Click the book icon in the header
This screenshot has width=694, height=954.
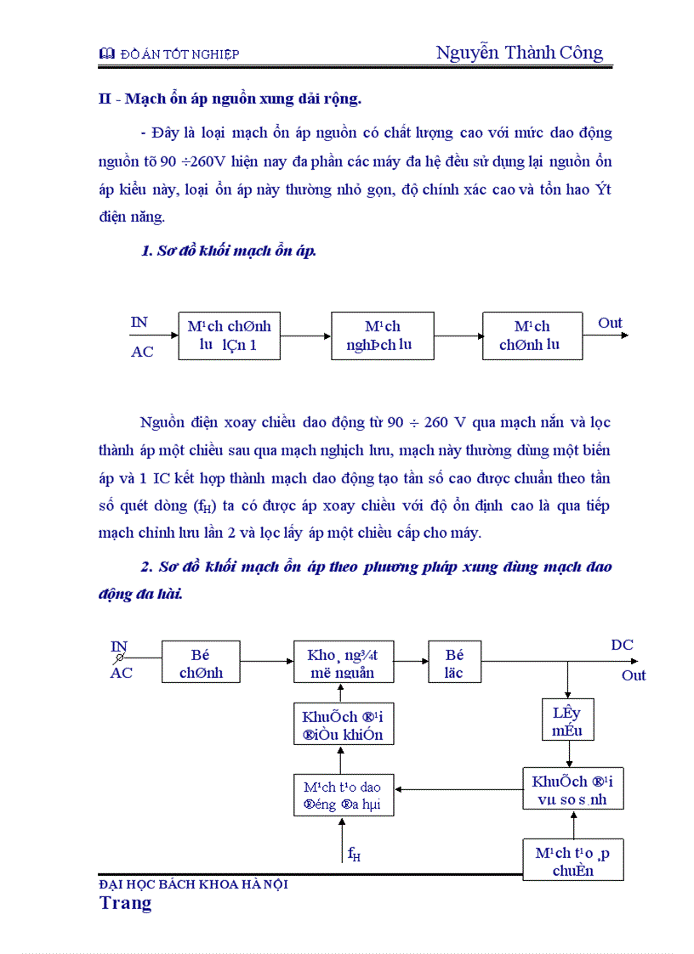(x=106, y=54)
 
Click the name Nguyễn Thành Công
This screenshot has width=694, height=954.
(x=520, y=53)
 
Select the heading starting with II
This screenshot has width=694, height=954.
(x=230, y=99)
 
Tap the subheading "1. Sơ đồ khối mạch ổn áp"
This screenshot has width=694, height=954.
(x=229, y=251)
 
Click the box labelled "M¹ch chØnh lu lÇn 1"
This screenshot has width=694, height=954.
(x=229, y=336)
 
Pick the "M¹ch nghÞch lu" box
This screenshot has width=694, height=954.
(x=382, y=336)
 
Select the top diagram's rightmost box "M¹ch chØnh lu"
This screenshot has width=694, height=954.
(x=532, y=336)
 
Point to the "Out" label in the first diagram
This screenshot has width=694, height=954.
(x=610, y=323)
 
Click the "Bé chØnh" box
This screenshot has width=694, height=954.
(x=201, y=663)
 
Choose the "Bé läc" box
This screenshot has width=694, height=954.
(x=455, y=663)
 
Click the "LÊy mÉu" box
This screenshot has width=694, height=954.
(x=567, y=720)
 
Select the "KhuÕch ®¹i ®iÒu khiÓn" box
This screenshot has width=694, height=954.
(x=344, y=725)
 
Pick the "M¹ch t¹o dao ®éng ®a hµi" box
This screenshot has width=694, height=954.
(x=344, y=796)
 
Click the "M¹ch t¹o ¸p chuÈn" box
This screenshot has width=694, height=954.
(x=572, y=861)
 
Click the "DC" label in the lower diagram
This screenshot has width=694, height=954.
(x=622, y=646)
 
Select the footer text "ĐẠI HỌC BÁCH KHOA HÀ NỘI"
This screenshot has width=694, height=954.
(x=194, y=884)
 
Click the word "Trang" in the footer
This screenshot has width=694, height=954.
(x=125, y=903)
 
